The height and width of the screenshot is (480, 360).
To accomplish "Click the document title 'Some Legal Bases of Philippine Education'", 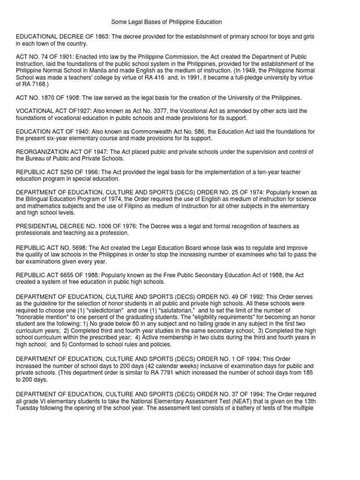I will tap(166, 22).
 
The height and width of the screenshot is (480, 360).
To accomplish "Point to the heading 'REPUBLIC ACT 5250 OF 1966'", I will tap(61, 172).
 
